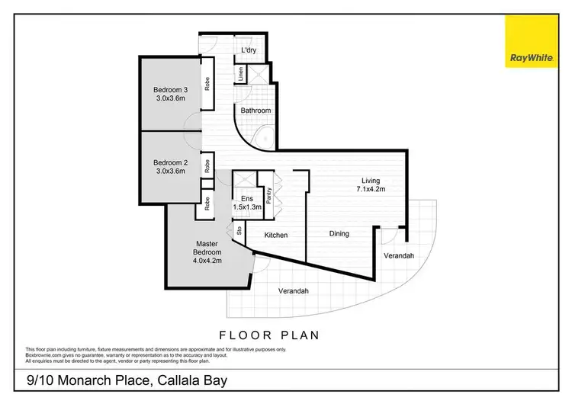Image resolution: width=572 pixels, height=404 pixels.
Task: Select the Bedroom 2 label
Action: point(170,166)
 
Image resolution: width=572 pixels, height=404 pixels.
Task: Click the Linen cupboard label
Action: point(240,75)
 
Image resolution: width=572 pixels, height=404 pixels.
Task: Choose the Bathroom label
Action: point(255,111)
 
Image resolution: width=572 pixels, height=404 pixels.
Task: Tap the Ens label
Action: point(246,197)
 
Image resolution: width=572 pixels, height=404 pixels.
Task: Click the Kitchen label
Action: point(275,235)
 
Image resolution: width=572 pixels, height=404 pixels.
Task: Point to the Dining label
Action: point(339,233)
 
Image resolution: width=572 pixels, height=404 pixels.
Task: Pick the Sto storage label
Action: point(238,229)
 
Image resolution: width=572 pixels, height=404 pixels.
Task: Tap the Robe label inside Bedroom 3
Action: point(207,82)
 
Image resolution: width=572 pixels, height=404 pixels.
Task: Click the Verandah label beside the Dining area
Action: point(398,255)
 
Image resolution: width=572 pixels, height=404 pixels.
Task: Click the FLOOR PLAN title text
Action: point(268,334)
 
